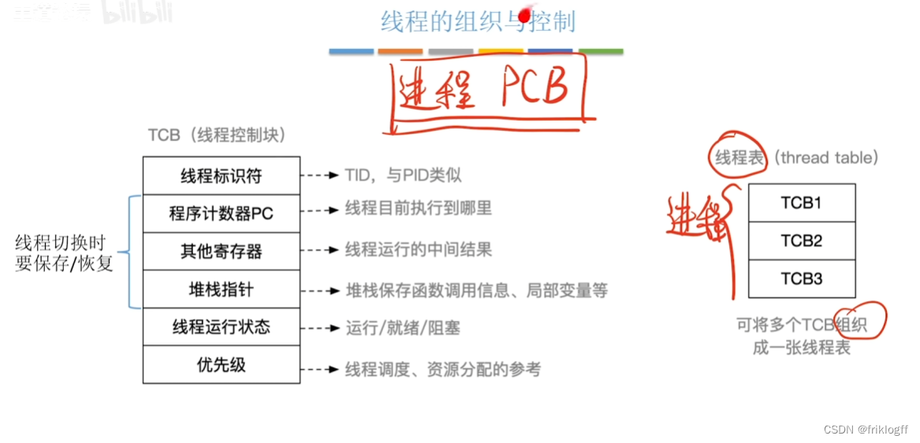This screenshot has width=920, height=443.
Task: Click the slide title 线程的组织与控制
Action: coord(478,21)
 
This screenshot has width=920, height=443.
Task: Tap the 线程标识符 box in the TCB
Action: coord(222,175)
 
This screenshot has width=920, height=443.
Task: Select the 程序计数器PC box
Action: coord(222,214)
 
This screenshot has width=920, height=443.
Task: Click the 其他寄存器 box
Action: coord(222,251)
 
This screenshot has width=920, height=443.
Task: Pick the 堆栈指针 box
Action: coord(222,289)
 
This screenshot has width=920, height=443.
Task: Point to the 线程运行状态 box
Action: coord(222,327)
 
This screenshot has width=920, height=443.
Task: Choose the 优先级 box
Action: coord(222,365)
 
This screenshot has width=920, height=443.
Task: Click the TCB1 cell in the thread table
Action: coord(801,203)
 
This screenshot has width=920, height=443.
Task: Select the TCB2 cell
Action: coord(801,240)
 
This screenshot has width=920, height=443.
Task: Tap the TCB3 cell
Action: coord(801,278)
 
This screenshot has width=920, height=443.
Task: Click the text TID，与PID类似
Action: coord(403,175)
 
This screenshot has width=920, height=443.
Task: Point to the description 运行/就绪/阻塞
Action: coord(403,328)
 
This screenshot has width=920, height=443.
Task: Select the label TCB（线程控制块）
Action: coord(217,136)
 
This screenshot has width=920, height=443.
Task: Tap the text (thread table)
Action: coord(826,158)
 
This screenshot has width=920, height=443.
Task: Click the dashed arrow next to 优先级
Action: coord(322,369)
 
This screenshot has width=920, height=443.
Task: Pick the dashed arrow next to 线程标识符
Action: coord(322,175)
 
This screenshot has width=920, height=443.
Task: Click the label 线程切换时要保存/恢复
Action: coord(64,253)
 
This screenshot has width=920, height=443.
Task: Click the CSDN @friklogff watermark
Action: coord(866,430)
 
